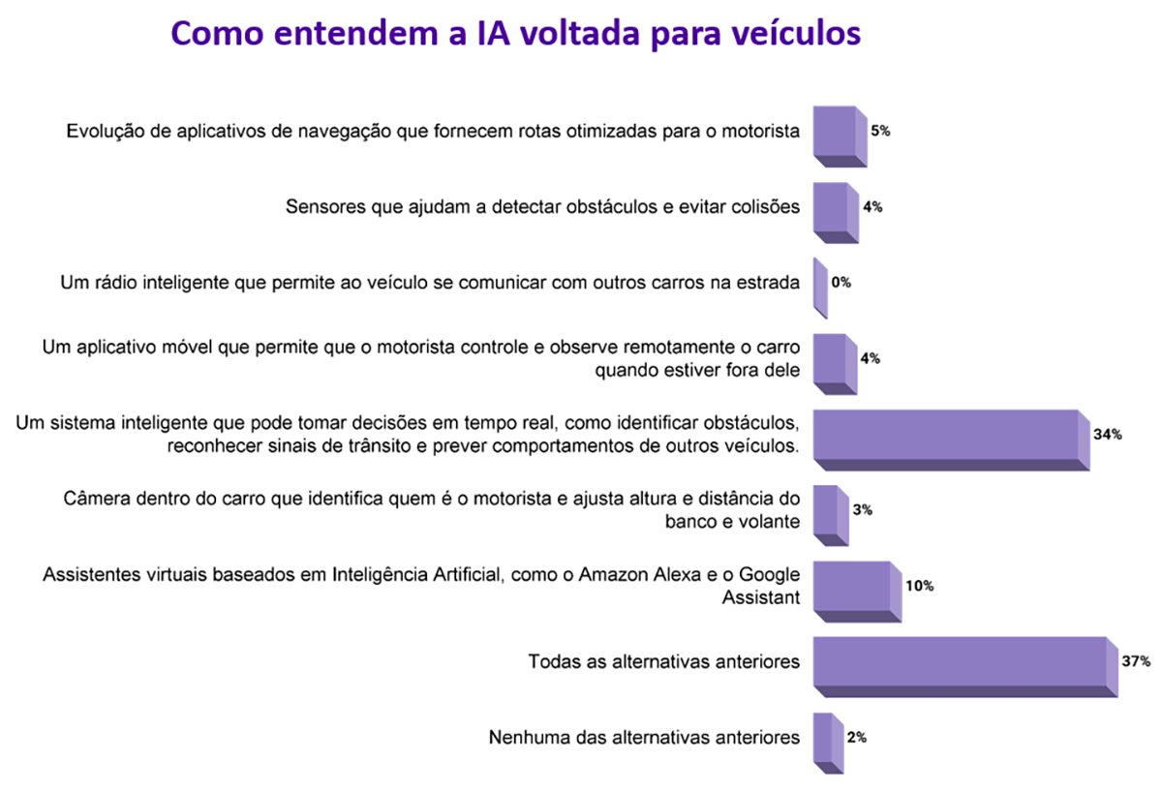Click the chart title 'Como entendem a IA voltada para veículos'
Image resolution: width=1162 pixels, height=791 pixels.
click(x=515, y=33)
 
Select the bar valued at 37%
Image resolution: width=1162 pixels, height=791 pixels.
click(x=959, y=661)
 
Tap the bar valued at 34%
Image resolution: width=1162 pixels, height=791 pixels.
click(x=945, y=435)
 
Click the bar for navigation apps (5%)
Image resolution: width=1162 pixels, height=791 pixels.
click(x=834, y=132)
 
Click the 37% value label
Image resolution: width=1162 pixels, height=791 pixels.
click(x=1136, y=662)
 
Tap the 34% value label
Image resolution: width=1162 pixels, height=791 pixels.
click(x=1107, y=435)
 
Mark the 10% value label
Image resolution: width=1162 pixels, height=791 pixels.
click(x=919, y=586)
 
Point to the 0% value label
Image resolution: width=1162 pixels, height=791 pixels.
click(x=841, y=283)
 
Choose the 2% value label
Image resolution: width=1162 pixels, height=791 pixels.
click(x=856, y=737)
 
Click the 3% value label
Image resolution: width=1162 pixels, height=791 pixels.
click(x=863, y=509)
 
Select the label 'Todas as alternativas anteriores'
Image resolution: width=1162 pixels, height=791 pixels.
click(x=663, y=662)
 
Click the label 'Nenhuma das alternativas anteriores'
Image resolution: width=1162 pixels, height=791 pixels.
click(x=644, y=737)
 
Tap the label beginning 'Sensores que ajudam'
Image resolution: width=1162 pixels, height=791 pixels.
click(x=543, y=206)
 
